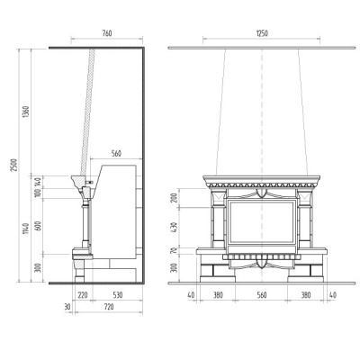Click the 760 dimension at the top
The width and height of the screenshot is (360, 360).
click(107, 33)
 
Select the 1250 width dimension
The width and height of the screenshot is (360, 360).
click(262, 33)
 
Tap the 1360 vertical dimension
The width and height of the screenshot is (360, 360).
click(26, 112)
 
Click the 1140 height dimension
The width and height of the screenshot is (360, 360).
click(26, 229)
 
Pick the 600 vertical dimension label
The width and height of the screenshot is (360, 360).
click(38, 226)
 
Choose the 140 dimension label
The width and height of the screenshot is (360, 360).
click(38, 182)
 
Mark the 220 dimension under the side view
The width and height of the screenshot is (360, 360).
click(83, 295)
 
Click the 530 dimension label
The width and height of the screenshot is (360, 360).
click(118, 295)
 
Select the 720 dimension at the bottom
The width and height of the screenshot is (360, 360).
click(109, 307)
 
